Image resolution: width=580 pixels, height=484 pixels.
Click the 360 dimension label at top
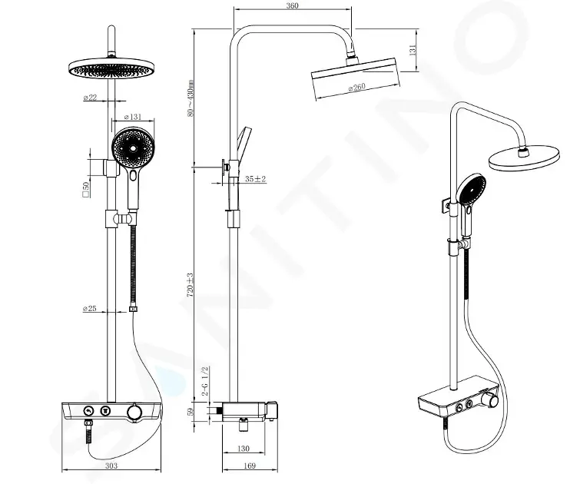pyautogui.click(x=292, y=5)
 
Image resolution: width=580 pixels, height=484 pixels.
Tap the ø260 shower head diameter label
pyautogui.click(x=356, y=88)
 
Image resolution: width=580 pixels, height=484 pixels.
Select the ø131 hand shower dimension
pyautogui.click(x=133, y=117)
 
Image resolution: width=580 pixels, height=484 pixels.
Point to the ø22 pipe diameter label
pyautogui.click(x=90, y=98)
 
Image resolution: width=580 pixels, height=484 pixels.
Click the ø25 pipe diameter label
pyautogui.click(x=90, y=308)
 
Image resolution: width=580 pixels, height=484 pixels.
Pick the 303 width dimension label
pyautogui.click(x=111, y=466)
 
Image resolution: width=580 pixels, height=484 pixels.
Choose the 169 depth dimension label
pyautogui.click(x=250, y=466)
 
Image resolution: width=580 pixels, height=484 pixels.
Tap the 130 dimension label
pyautogui.click(x=243, y=449)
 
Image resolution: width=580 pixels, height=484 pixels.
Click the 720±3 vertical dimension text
pyautogui.click(x=190, y=285)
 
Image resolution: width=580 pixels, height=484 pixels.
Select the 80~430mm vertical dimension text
pyautogui.click(x=191, y=98)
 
